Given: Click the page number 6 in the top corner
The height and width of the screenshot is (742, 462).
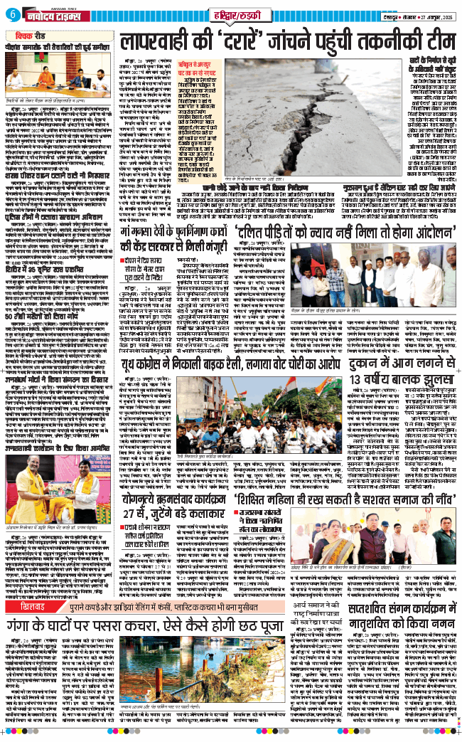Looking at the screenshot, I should tap(14, 16).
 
